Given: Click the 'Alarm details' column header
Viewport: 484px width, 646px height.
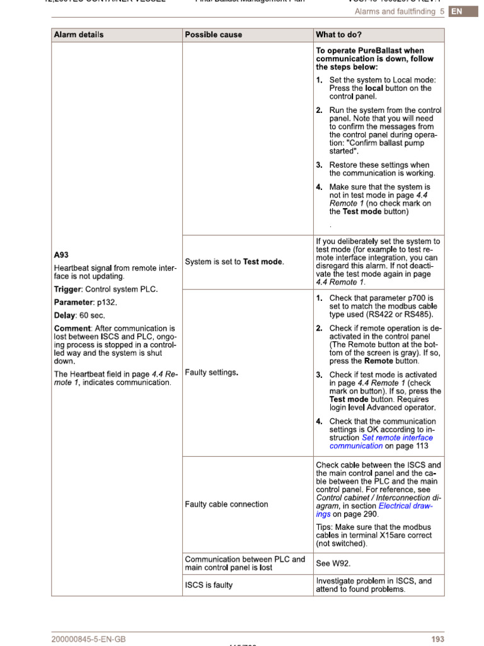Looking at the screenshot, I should [79, 35].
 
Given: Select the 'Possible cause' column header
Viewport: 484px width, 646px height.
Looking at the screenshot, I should [213, 35].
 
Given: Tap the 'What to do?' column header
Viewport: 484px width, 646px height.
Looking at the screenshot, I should [339, 35].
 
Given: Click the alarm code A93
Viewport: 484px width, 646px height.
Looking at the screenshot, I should [61, 255].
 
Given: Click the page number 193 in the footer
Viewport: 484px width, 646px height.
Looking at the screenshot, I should [437, 639].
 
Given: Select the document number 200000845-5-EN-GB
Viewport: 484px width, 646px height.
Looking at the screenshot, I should [89, 639].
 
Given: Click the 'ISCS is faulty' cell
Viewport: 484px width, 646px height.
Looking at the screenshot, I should [209, 585].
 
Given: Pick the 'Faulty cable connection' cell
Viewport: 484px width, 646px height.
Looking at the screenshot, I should [226, 504].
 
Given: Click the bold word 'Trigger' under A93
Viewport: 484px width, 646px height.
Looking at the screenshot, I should [67, 289].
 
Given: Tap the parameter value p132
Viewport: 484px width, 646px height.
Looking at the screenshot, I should [107, 302].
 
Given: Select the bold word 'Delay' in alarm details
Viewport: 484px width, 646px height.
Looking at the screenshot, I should [65, 315].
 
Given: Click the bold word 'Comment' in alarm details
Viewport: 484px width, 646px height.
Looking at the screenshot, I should [72, 329].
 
